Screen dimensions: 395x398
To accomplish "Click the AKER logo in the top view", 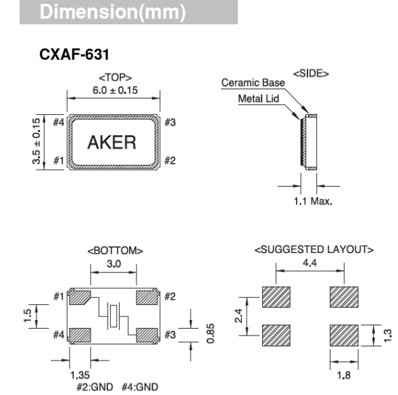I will point(111,143).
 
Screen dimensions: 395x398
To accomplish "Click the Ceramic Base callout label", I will point(253,83).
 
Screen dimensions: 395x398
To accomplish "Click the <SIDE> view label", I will point(310,73).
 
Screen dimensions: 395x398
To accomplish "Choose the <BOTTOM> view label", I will point(114,251).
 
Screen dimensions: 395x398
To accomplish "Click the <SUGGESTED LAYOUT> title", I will point(314,250).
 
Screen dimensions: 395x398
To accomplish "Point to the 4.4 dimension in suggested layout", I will point(310,262).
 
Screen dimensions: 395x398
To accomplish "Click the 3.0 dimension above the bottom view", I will point(114,264).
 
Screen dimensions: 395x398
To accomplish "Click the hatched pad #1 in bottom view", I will point(80,298).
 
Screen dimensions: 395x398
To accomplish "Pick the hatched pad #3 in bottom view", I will point(147,334).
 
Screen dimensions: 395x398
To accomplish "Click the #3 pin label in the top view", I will point(170,122).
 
